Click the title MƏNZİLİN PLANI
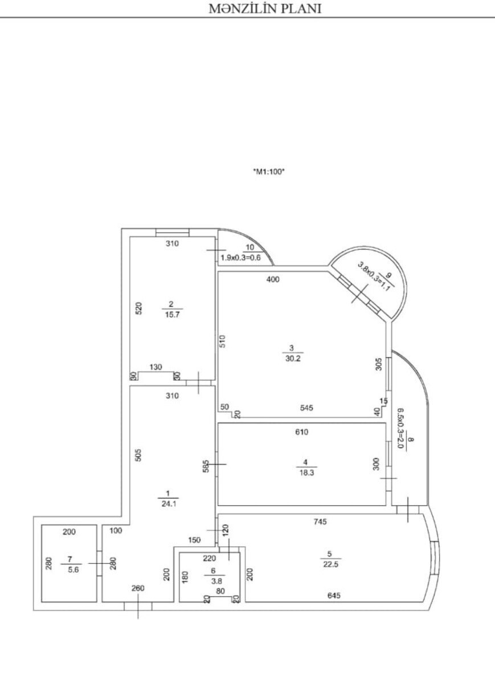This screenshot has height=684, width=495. pyautogui.click(x=265, y=9)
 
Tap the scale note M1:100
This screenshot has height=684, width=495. pyautogui.click(x=269, y=172)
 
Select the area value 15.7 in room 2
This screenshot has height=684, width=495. pyautogui.click(x=173, y=315)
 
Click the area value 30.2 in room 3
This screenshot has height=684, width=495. pyautogui.click(x=293, y=358)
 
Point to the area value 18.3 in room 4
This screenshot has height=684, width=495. pyautogui.click(x=306, y=473)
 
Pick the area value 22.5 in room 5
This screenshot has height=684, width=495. pyautogui.click(x=331, y=564)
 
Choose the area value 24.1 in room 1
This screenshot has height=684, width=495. pyautogui.click(x=169, y=504)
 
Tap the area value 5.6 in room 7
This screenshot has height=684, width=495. pyautogui.click(x=71, y=569)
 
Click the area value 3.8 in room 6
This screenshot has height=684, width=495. pyautogui.click(x=216, y=581)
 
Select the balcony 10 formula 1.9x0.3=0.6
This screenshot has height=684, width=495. pyautogui.click(x=241, y=258)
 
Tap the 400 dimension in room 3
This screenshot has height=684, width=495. pyautogui.click(x=273, y=279)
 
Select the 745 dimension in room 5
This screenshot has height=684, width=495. pyautogui.click(x=320, y=522)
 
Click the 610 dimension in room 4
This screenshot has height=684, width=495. pyautogui.click(x=301, y=432)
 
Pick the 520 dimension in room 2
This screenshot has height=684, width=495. pyautogui.click(x=138, y=308)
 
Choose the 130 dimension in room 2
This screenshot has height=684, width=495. pyautogui.click(x=156, y=367)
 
